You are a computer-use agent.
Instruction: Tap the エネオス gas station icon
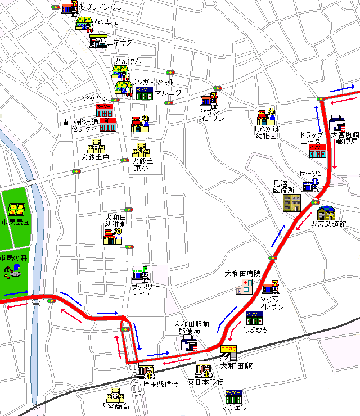[x=98, y=41]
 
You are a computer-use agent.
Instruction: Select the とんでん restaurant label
[x=128, y=61]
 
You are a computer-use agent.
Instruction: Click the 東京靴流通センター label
[x=80, y=125]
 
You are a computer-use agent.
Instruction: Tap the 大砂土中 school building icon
[x=95, y=146]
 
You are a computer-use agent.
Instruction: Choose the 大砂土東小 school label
[x=142, y=164]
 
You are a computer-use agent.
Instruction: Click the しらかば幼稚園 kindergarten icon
[x=265, y=117]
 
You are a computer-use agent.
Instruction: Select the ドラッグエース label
[x=311, y=138]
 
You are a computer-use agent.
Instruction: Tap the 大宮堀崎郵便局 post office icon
[x=337, y=123]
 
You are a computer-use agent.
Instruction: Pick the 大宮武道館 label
[x=328, y=224]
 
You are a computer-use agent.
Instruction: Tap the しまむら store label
[x=255, y=329]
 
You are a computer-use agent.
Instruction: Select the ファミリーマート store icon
[x=141, y=274]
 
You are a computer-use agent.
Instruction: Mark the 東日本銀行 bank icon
[x=203, y=370]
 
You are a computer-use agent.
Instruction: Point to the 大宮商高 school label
[x=115, y=406]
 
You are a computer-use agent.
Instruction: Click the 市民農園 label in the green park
[x=16, y=222]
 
